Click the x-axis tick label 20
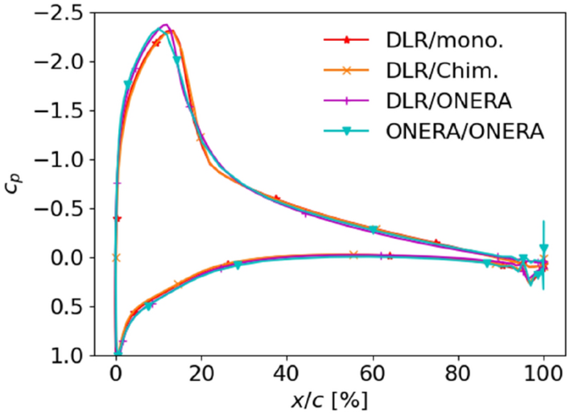point(201,373)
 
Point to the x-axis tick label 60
point(373,373)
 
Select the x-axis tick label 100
point(543,373)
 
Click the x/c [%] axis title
point(330,400)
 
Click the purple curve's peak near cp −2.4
point(165,25)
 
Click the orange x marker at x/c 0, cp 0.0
point(116,258)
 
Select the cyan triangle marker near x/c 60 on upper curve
point(374,230)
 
